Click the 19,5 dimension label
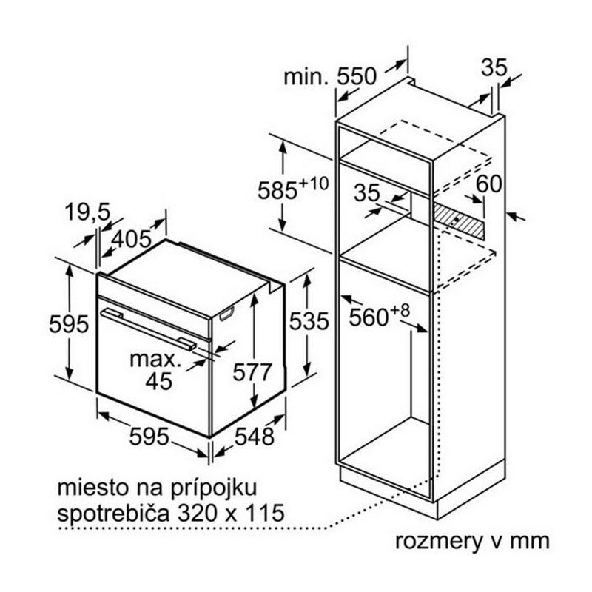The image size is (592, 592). click(87, 212)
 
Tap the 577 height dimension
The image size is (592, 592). click(252, 371)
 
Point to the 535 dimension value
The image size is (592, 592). click(309, 322)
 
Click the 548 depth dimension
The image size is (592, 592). click(254, 437)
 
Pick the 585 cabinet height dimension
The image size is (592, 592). click(277, 190)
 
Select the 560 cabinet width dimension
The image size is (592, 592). click(369, 317)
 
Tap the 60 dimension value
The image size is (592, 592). click(488, 184)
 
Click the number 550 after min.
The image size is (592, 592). click(357, 76)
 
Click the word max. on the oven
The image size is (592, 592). click(153, 360)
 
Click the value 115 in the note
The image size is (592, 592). click(266, 513)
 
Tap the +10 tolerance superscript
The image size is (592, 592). click(313, 183)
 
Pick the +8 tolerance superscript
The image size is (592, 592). click(400, 310)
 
